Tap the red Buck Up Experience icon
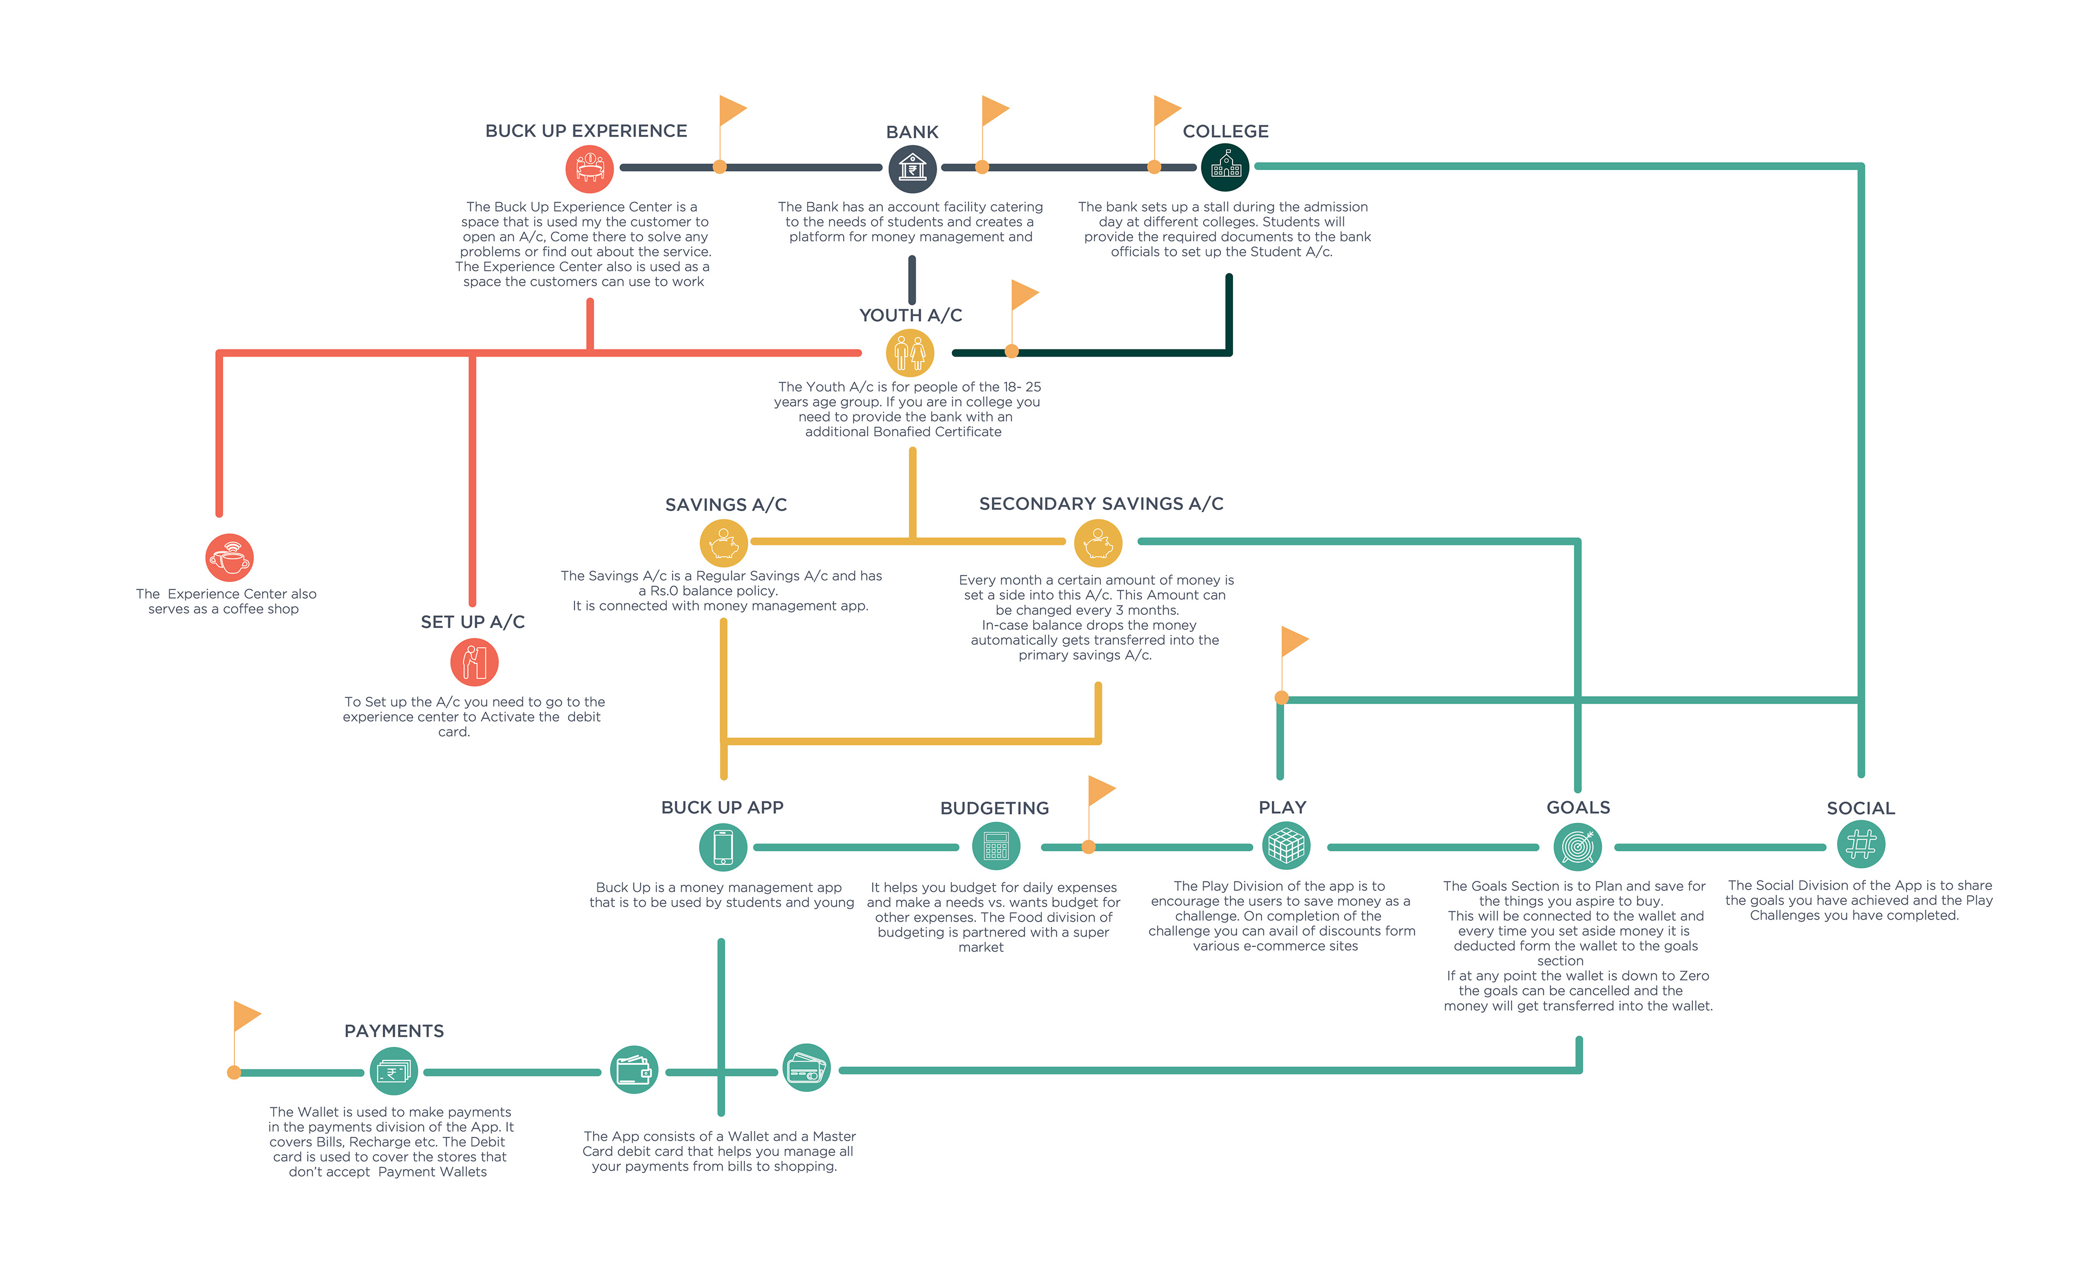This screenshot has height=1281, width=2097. click(590, 169)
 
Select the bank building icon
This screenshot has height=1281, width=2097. click(913, 169)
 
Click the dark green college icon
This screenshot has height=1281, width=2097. click(1225, 168)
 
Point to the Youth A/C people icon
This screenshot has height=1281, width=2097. click(910, 352)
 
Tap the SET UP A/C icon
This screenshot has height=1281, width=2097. click(474, 662)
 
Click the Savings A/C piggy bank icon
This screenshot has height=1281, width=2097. click(724, 542)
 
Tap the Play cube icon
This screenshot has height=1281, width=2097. click(1286, 846)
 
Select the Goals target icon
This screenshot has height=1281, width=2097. click(1578, 847)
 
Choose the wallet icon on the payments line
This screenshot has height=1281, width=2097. click(634, 1070)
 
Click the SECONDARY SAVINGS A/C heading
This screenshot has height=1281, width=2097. click(1101, 504)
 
